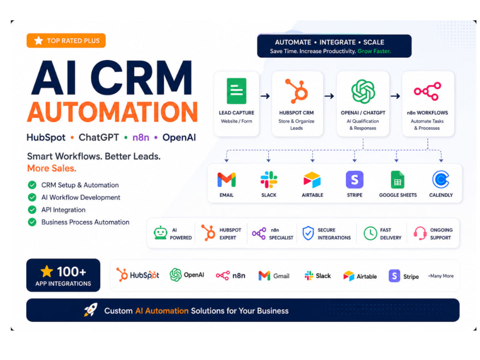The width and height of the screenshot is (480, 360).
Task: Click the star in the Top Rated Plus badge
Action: pyautogui.click(x=38, y=40)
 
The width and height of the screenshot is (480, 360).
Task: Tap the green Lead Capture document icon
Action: pyautogui.click(x=236, y=91)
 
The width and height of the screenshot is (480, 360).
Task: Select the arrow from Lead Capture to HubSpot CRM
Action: pyautogui.click(x=265, y=96)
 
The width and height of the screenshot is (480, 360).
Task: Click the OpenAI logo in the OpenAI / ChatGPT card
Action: pyautogui.click(x=363, y=91)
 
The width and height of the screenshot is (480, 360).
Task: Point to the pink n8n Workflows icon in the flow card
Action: pyautogui.click(x=427, y=91)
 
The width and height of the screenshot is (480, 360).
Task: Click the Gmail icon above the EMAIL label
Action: pyautogui.click(x=227, y=180)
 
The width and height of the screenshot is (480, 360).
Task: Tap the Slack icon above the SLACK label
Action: pyautogui.click(x=269, y=180)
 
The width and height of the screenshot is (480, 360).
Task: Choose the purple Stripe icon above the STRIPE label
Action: pyautogui.click(x=355, y=180)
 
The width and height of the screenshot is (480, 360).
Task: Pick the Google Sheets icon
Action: pyautogui.click(x=397, y=180)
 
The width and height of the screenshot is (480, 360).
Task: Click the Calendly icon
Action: pyautogui.click(x=441, y=180)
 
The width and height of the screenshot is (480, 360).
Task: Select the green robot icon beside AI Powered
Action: pyautogui.click(x=160, y=233)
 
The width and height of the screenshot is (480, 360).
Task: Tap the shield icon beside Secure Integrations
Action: pyautogui.click(x=308, y=233)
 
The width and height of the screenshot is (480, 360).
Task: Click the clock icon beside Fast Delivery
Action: pyautogui.click(x=370, y=234)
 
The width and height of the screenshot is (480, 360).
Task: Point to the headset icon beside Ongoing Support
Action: pyautogui.click(x=420, y=234)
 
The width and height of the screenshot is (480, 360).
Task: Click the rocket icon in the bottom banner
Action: pyautogui.click(x=91, y=310)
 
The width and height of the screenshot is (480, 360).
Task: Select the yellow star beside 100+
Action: pyautogui.click(x=47, y=272)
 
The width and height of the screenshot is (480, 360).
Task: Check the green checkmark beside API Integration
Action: pyautogui.click(x=32, y=210)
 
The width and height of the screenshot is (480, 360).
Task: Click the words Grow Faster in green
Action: pyautogui.click(x=374, y=51)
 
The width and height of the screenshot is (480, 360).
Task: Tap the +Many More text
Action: pyautogui.click(x=441, y=276)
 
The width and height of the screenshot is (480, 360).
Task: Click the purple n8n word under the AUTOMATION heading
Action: pyautogui.click(x=141, y=137)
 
